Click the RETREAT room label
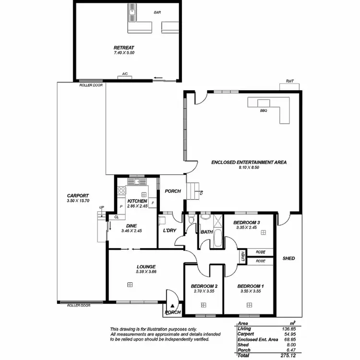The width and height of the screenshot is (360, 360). [x=123, y=48]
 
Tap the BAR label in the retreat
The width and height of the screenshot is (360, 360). [x=157, y=12]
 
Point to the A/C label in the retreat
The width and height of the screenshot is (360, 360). [x=124, y=74]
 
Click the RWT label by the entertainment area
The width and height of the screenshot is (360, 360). [x=289, y=82]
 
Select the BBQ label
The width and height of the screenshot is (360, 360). [x=263, y=110]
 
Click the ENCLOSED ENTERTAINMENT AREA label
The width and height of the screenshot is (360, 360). [x=249, y=163]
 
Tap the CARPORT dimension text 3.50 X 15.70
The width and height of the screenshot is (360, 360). [x=78, y=201]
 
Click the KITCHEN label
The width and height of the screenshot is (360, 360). [x=137, y=201]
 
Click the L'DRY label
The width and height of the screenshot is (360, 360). [x=169, y=231]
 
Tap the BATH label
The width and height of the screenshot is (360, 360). [x=207, y=232]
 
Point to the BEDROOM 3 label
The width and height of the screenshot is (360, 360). [x=246, y=223]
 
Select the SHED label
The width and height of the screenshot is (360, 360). [x=288, y=258]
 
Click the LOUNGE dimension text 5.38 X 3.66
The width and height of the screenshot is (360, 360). [x=146, y=272]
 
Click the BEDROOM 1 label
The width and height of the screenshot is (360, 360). [x=250, y=287]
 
